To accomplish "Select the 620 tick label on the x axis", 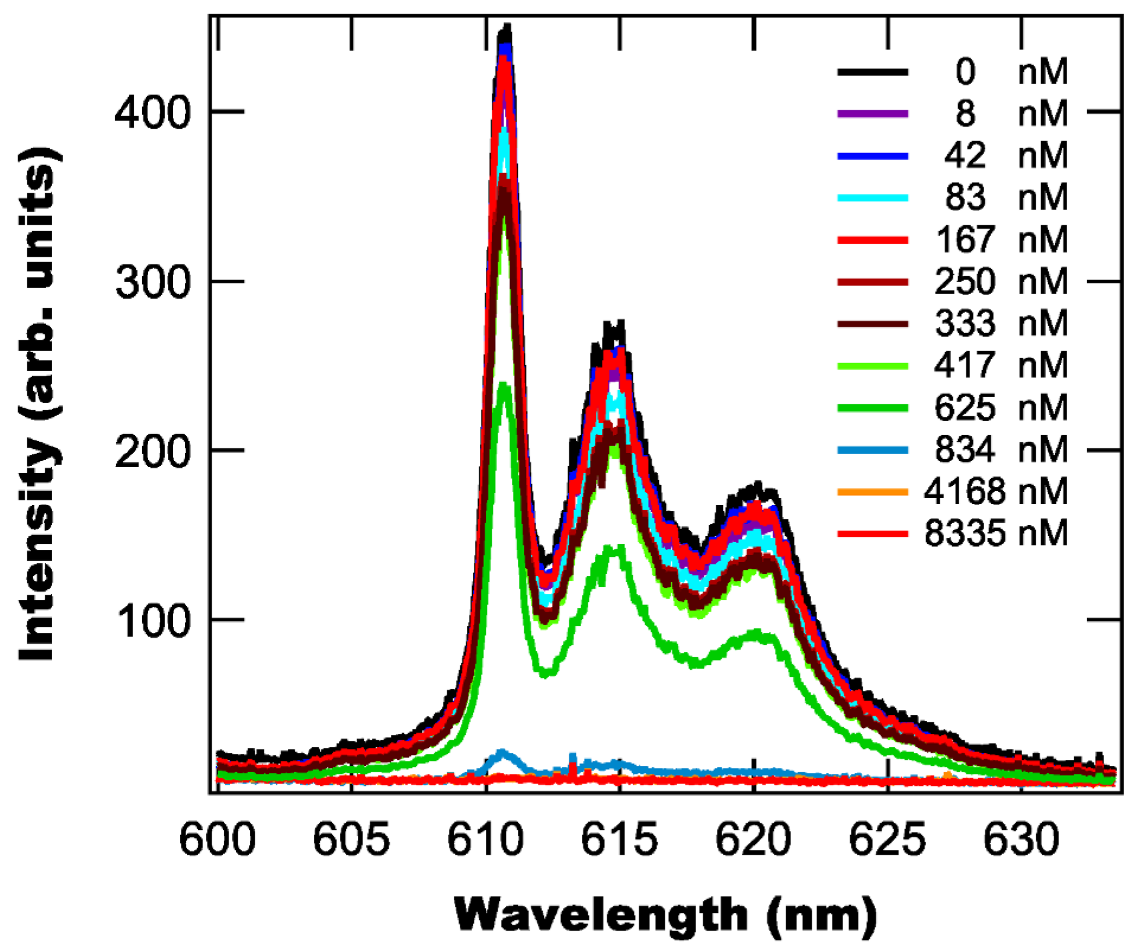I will pos(754,839).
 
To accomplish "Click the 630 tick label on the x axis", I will pos(1021,839).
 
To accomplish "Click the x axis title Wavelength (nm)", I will pos(665,914).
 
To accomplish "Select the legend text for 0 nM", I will pos(1011,72).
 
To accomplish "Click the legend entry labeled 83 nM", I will pos(1005,197).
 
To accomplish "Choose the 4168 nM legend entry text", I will pos(995,491).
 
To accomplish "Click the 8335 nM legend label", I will pos(995,533).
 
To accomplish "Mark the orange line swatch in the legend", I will pos(873,491).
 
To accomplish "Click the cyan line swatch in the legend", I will pos(873,197).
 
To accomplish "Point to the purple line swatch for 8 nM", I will pos(873,114).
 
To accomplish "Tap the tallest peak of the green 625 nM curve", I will pos(504,384).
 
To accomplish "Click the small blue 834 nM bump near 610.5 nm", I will pos(502,753).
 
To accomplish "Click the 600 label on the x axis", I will pos(217,839).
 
